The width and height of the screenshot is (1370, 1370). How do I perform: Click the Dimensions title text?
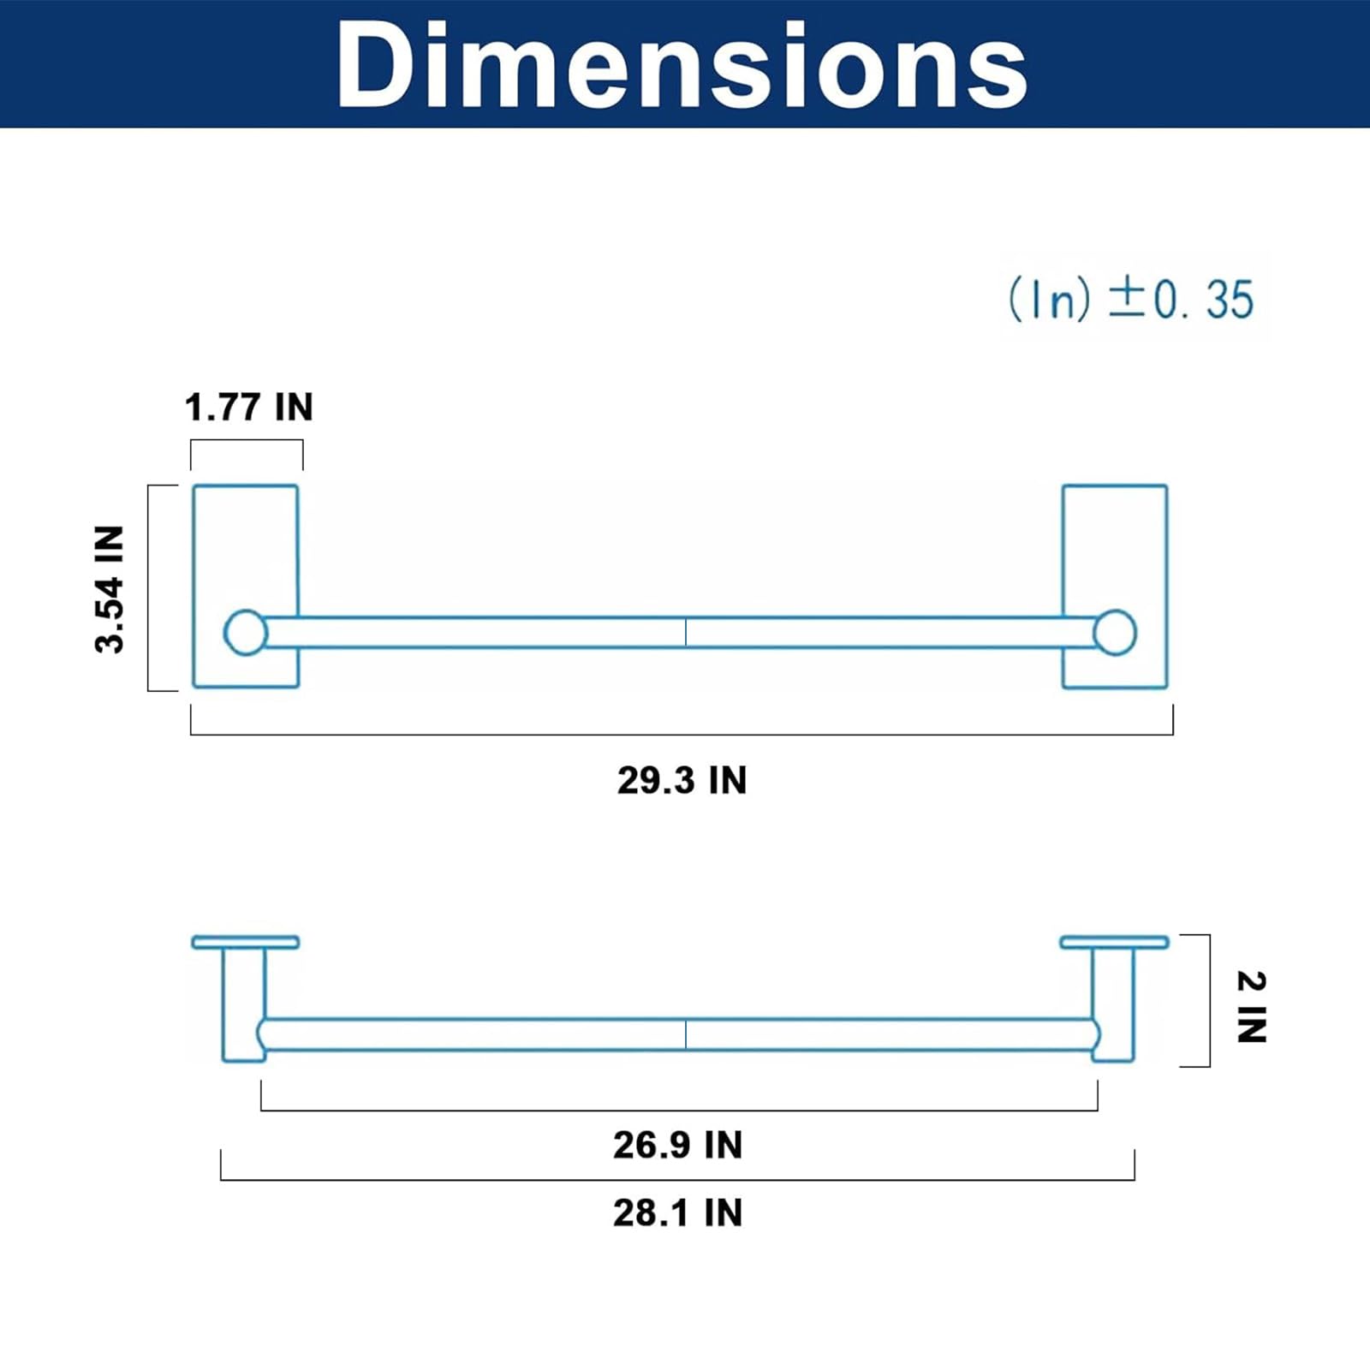click(x=682, y=65)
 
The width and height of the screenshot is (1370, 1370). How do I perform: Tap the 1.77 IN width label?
click(x=249, y=407)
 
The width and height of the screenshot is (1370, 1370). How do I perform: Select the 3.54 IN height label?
click(x=110, y=589)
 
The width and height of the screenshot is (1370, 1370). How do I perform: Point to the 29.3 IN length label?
click(x=682, y=780)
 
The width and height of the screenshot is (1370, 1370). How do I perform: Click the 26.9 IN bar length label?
click(x=677, y=1145)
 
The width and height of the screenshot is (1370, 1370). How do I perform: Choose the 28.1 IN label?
click(x=677, y=1212)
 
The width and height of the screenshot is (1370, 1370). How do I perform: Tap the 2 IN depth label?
click(x=1251, y=1007)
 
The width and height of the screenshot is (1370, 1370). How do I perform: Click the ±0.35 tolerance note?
click(x=1131, y=300)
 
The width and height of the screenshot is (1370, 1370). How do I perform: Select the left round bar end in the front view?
click(x=246, y=633)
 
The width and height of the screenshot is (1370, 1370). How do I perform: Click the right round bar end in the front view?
click(x=1115, y=633)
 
